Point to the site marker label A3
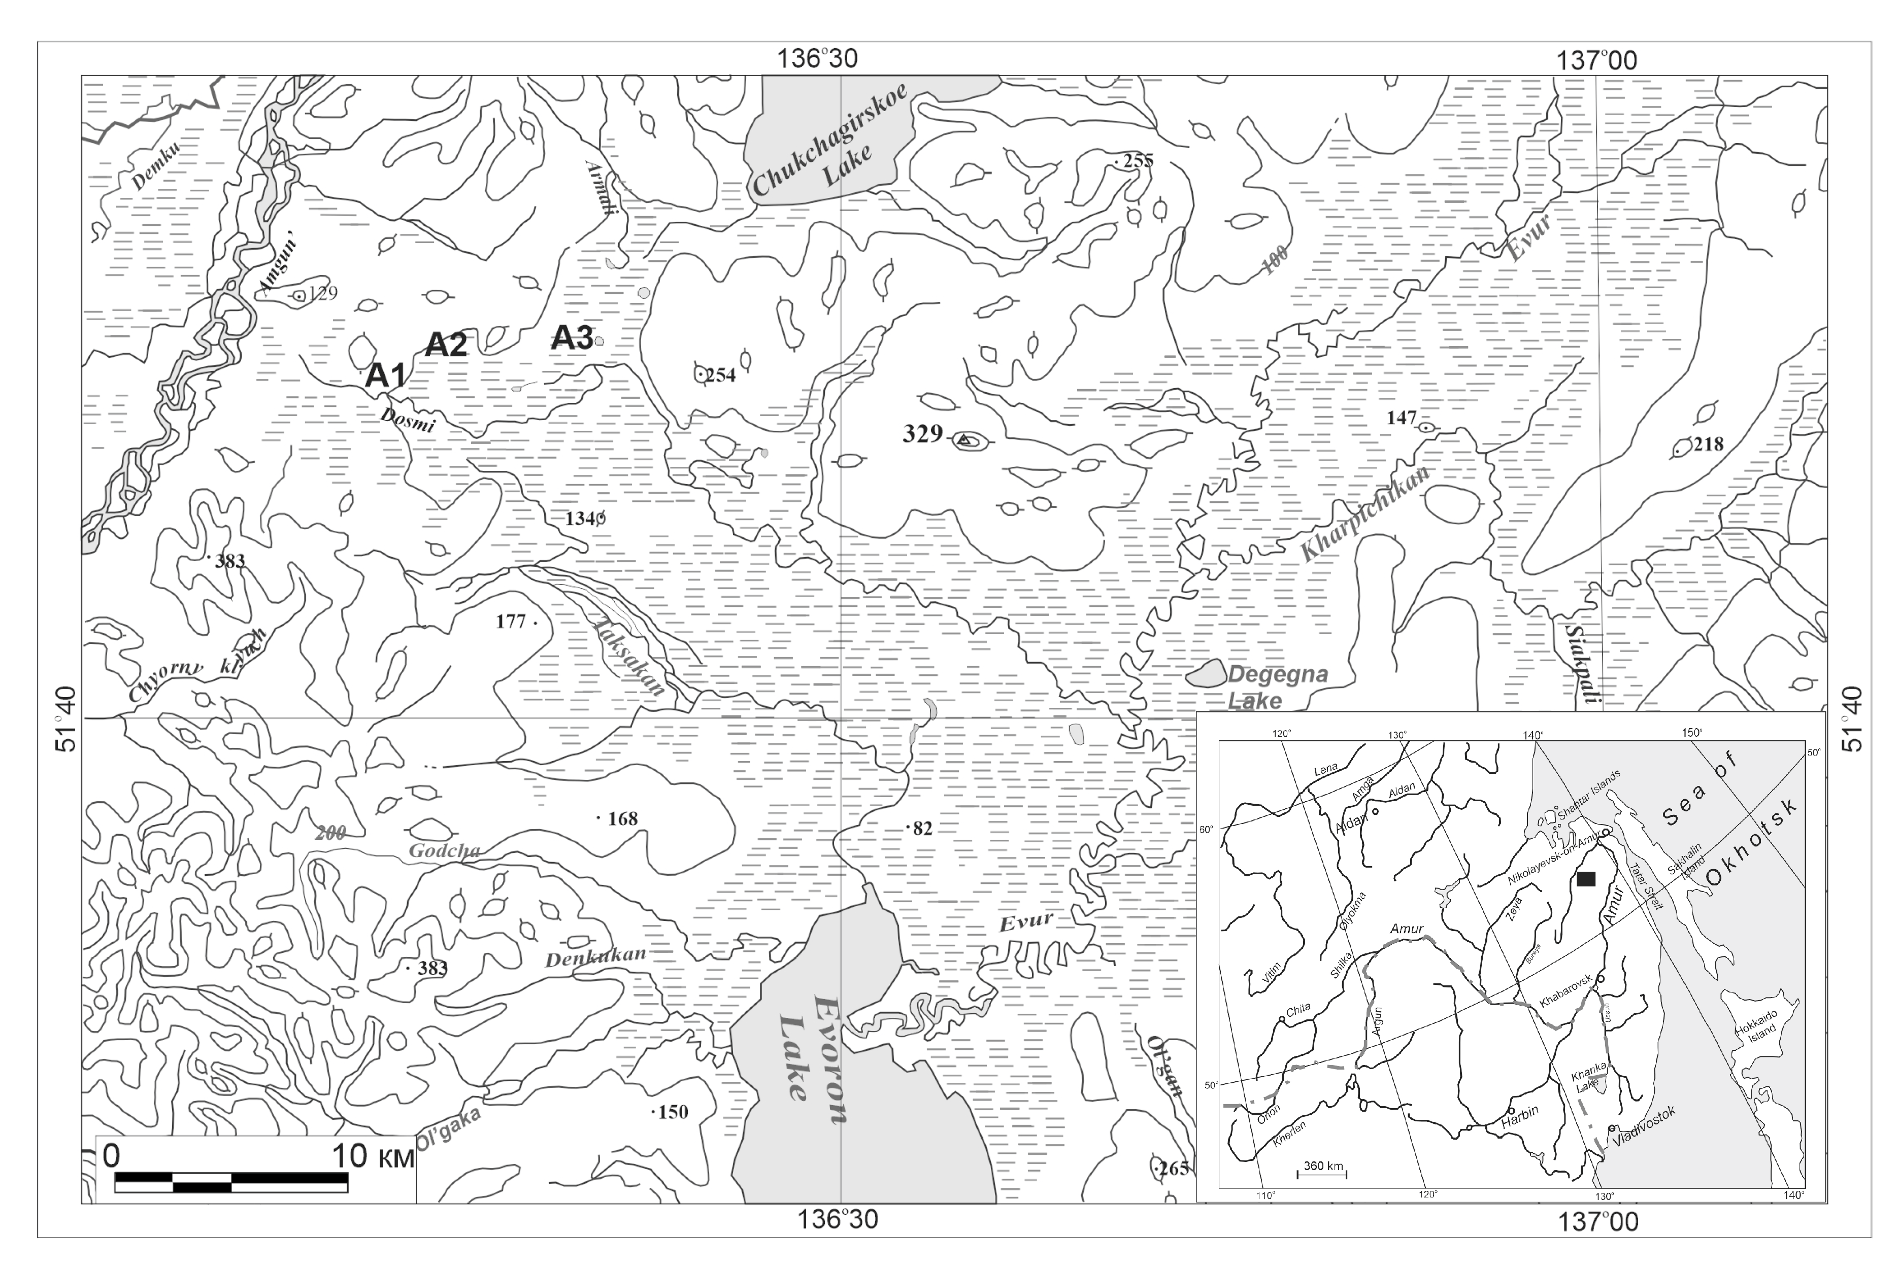[572, 337]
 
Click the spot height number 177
[511, 622]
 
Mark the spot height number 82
[922, 828]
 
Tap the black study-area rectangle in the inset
[1586, 879]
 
